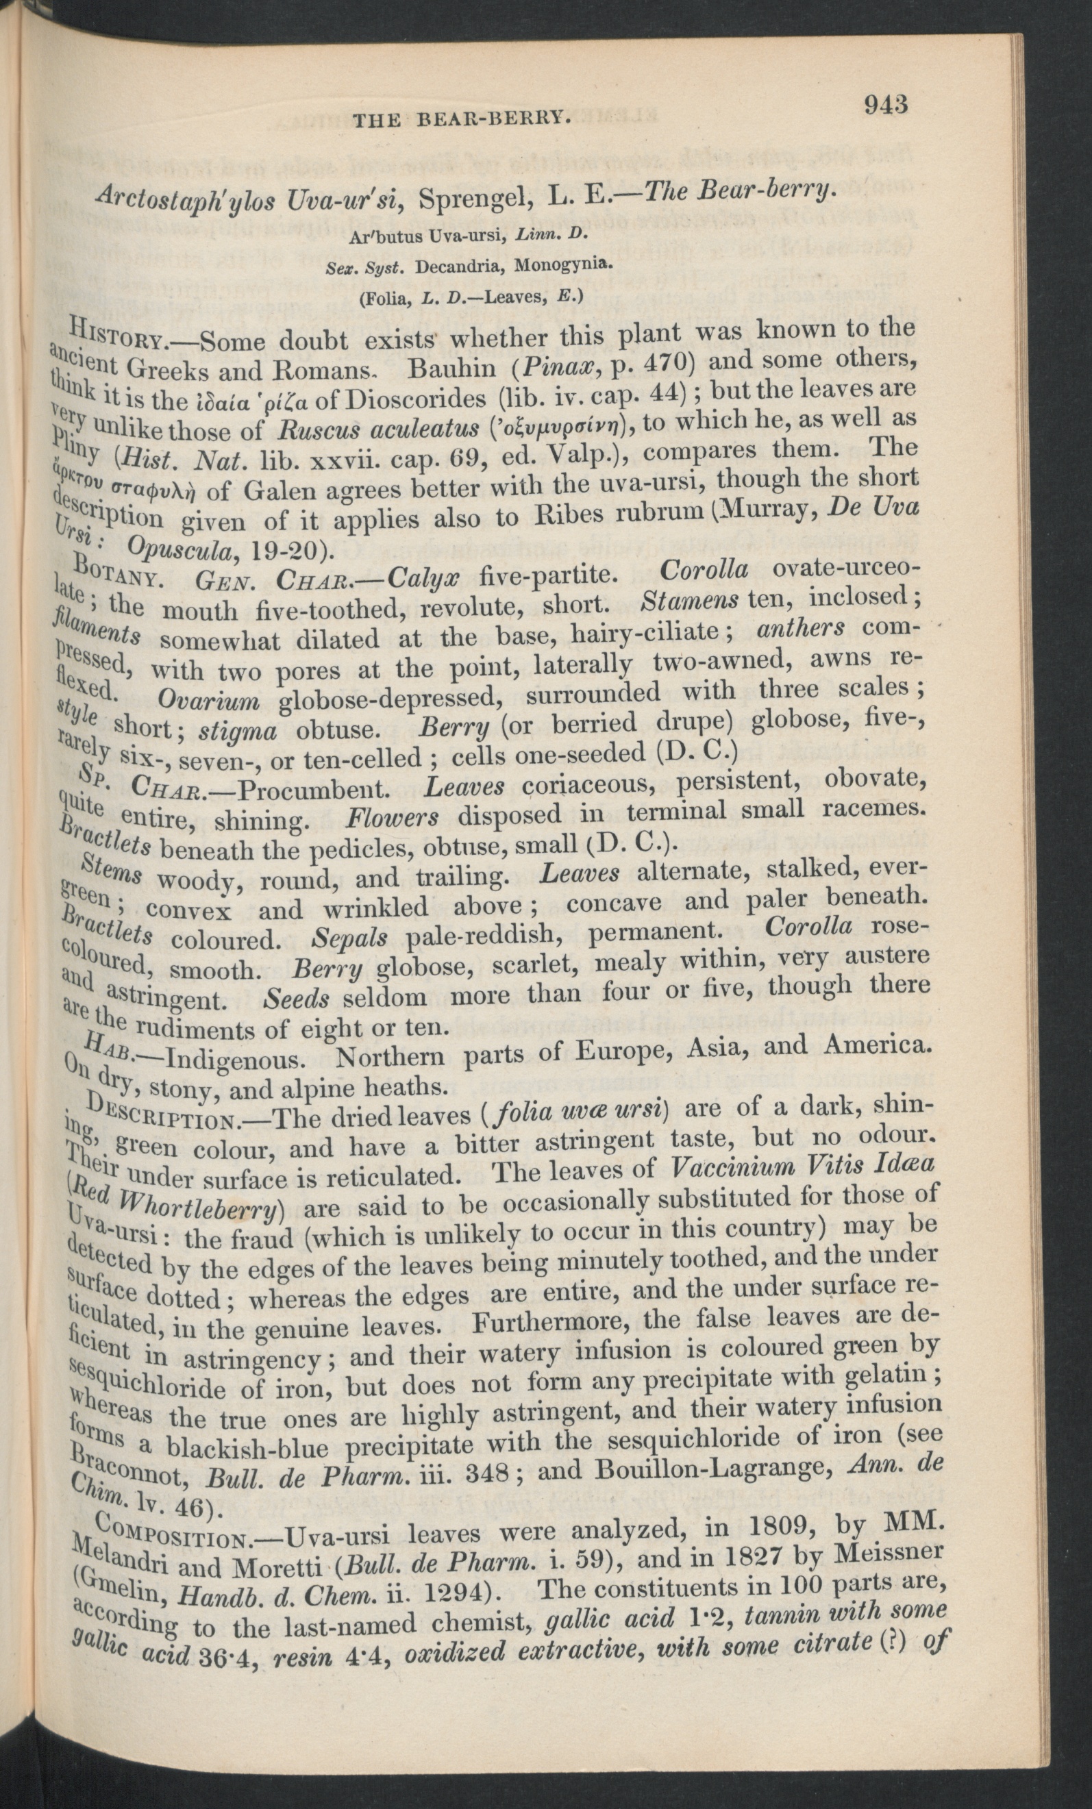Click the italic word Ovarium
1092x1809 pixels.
(x=208, y=701)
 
